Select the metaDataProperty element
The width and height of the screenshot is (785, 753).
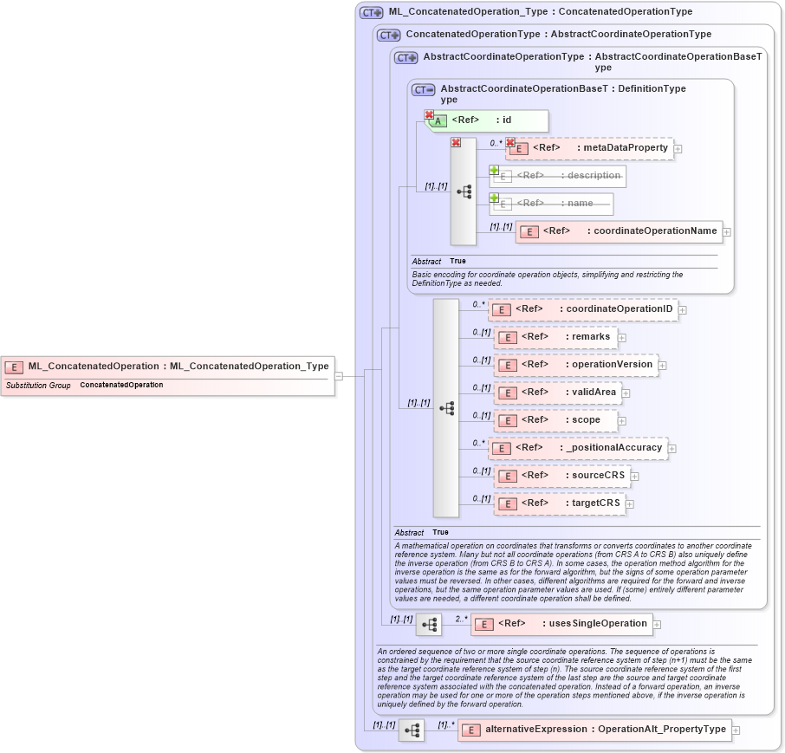589,148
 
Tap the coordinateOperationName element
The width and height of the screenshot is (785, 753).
619,231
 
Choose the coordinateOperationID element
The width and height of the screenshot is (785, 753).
582,309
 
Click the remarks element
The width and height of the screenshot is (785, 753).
554,337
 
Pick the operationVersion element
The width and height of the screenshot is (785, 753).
574,365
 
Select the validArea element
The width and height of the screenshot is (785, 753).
556,393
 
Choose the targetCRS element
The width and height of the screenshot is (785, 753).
559,503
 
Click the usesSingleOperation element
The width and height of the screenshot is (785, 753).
561,624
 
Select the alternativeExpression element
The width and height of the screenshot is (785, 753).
594,730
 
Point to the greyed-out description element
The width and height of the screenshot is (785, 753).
557,176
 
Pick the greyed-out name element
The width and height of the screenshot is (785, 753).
551,204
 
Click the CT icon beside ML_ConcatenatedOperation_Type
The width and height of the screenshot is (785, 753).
372,13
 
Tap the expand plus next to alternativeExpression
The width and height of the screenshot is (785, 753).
736,730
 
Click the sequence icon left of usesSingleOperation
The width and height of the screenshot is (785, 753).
429,624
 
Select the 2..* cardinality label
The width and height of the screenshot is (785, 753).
461,619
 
